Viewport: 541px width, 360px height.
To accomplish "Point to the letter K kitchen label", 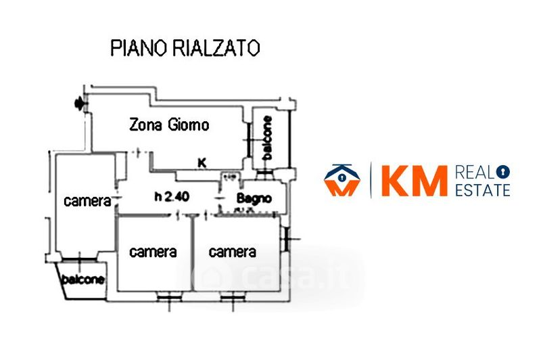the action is click(201, 162).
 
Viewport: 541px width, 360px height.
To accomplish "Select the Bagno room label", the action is click(254, 198).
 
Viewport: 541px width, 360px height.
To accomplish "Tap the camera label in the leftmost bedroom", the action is click(87, 201).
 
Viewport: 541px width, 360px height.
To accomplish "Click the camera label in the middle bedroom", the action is click(154, 252).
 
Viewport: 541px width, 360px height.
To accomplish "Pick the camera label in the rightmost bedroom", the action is click(233, 252).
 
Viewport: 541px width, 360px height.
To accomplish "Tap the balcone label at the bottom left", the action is click(84, 279).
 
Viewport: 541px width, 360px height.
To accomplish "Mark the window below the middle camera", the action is click(164, 296).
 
